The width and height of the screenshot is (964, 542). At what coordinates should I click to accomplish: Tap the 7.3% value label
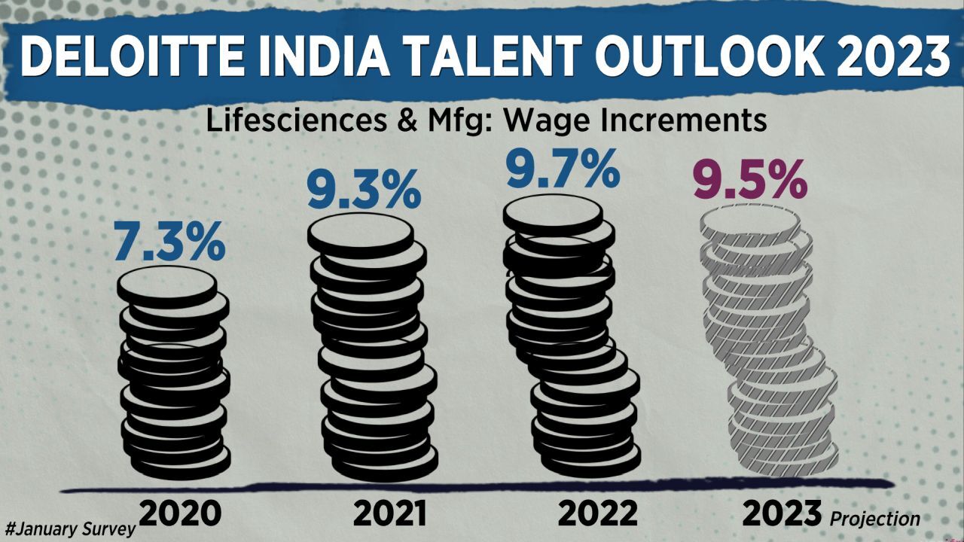170,241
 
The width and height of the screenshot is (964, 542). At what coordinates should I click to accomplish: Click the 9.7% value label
563,170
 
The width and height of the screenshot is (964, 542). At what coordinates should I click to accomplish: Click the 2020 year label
181,513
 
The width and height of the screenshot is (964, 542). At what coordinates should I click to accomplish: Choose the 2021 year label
389,513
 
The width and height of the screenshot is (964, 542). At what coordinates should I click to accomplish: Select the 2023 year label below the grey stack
782,513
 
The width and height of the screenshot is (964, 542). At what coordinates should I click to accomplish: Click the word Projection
875,519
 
